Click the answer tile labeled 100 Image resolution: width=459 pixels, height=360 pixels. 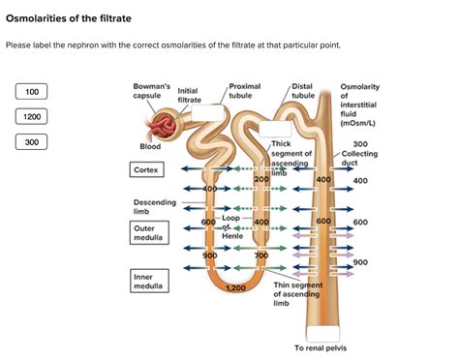(x=32, y=92)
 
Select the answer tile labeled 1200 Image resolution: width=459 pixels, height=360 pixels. (x=32, y=117)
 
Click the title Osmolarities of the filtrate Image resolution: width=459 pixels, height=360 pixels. (x=69, y=18)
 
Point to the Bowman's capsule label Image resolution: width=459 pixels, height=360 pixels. (x=151, y=92)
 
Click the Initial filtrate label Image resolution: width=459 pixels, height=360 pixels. (x=190, y=96)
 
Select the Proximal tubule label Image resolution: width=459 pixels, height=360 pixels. (x=244, y=92)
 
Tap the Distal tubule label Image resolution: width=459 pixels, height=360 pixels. (x=303, y=92)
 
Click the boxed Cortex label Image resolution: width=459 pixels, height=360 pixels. (x=146, y=169)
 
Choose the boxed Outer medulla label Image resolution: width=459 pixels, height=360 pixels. (x=146, y=233)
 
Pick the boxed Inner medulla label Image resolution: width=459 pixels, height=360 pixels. (x=146, y=282)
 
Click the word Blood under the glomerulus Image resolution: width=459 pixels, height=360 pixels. (x=150, y=147)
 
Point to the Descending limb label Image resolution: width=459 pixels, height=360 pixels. (x=155, y=207)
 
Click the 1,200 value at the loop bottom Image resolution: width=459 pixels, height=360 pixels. (x=234, y=288)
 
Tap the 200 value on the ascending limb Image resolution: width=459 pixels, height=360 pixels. (x=260, y=180)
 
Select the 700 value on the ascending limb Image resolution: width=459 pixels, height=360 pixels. (x=260, y=255)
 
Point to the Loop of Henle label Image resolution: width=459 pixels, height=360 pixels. (x=232, y=226)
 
